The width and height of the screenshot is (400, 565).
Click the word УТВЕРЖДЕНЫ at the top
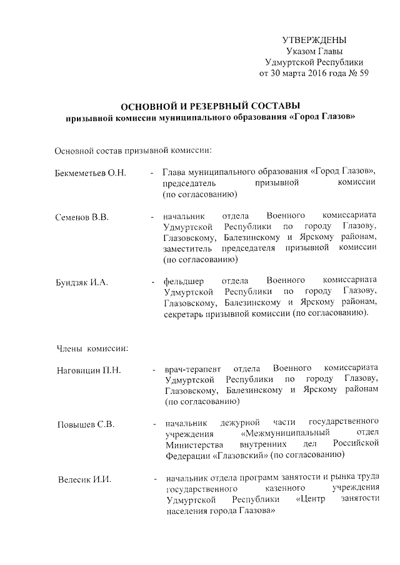(x=314, y=40)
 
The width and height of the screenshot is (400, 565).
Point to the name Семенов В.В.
(x=82, y=217)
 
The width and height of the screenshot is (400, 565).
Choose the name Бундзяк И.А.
(x=82, y=282)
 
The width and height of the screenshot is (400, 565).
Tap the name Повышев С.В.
(x=84, y=425)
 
